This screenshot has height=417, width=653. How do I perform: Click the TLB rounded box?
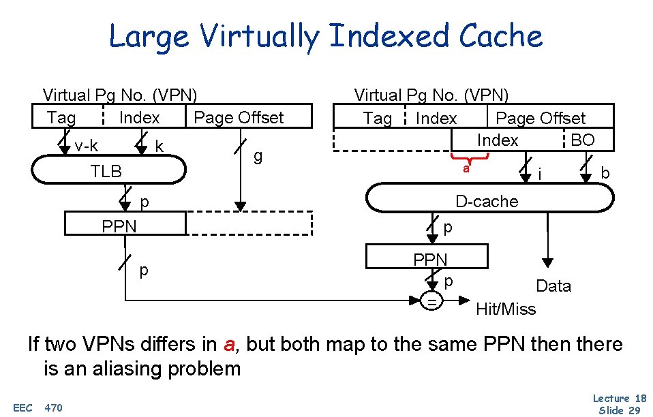point(109,170)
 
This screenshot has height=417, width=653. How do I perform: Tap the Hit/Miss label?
point(506,309)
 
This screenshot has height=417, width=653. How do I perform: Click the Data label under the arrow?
point(553,286)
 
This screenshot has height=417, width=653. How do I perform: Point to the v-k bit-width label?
point(86,146)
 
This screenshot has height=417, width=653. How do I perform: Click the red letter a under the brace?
point(466,169)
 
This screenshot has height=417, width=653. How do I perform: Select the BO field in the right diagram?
point(583,140)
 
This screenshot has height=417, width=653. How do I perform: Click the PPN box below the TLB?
point(125,224)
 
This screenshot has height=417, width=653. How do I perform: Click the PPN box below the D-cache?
point(427,258)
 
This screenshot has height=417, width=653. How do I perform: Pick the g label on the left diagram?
point(258,157)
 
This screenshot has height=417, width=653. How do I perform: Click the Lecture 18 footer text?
point(620,398)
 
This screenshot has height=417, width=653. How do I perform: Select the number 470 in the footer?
point(53,407)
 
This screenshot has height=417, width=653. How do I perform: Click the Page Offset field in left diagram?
point(238,117)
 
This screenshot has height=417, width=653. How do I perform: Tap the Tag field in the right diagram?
point(377,119)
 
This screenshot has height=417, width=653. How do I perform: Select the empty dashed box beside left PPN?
point(249,224)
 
